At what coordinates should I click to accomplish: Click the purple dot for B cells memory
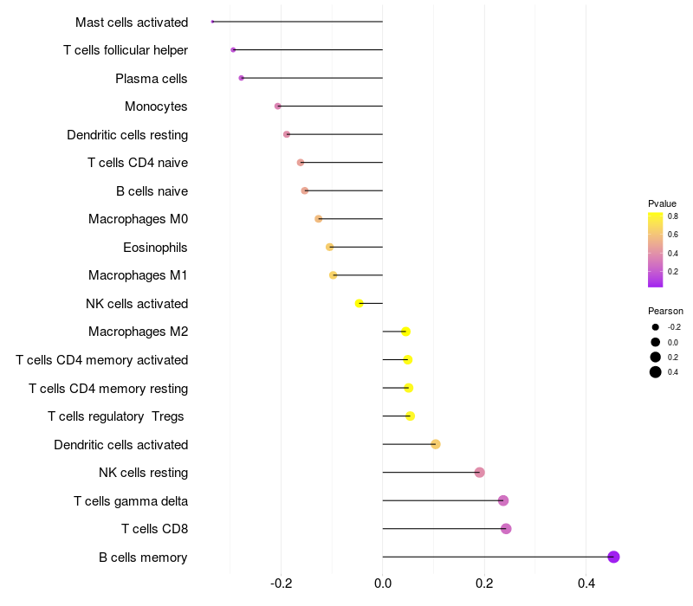[x=613, y=557]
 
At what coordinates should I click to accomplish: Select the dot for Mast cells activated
[x=212, y=22]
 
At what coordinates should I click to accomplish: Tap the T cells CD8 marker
[x=506, y=529]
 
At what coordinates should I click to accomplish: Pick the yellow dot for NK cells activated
[x=359, y=303]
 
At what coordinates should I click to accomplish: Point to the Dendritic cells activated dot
[x=436, y=444]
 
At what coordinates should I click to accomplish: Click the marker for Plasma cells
[x=241, y=78]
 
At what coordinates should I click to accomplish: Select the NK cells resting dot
[x=479, y=473]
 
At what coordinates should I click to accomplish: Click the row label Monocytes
[x=156, y=106]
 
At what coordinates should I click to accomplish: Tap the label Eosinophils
[x=155, y=248]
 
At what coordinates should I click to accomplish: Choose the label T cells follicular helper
[x=126, y=50]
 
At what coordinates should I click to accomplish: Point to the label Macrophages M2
[x=138, y=332]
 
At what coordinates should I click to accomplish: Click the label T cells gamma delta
[x=131, y=501]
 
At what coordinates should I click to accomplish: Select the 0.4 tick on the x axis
[x=586, y=583]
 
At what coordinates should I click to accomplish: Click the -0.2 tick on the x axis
[x=281, y=583]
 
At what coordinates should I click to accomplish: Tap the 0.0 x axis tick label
[x=382, y=583]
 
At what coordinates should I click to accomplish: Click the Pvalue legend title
[x=662, y=203]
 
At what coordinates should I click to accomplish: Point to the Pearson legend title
[x=665, y=311]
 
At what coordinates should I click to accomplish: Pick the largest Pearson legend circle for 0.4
[x=656, y=372]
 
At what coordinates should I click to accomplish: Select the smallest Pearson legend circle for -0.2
[x=656, y=327]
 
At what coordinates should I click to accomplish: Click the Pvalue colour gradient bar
[x=656, y=249]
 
